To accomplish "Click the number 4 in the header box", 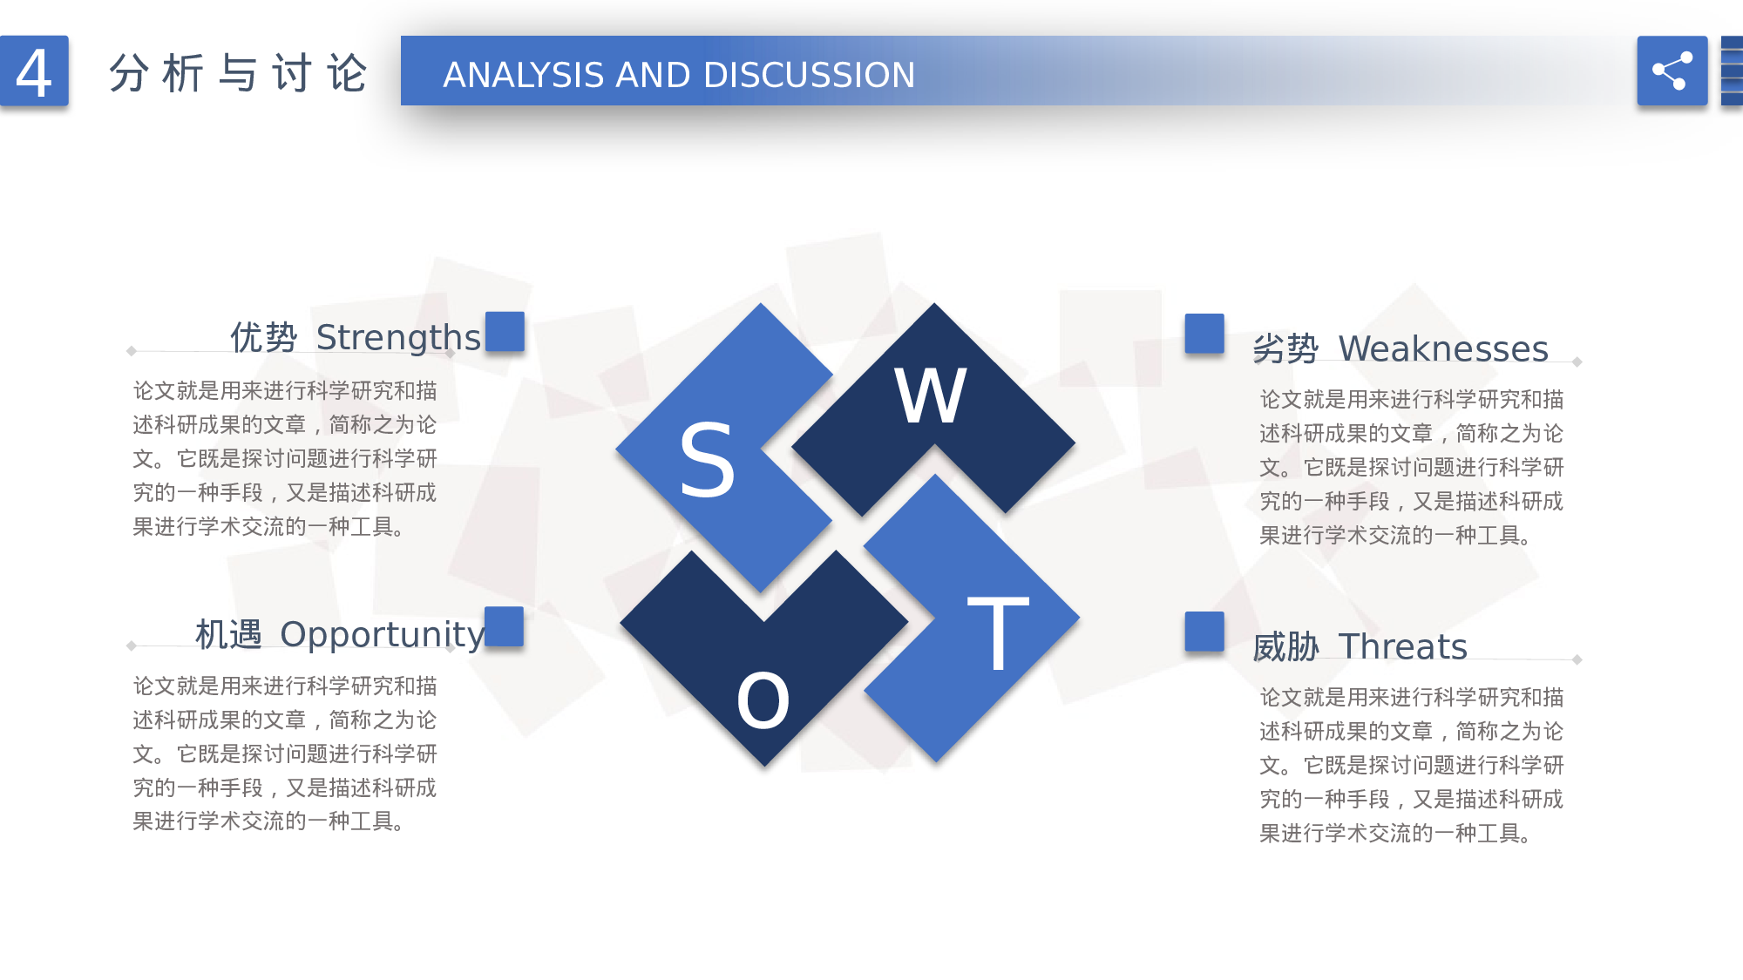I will tap(34, 72).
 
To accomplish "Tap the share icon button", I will tap(1672, 71).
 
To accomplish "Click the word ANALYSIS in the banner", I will tap(523, 75).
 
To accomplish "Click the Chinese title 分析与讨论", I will tap(238, 72).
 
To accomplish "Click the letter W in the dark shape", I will tap(931, 396).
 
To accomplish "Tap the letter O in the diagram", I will tap(763, 701).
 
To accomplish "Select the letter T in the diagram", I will tap(998, 633).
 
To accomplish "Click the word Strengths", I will tap(397, 337).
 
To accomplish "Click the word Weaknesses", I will tap(1442, 348).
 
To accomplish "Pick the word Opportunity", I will tap(382, 634).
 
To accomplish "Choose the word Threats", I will tap(1402, 646).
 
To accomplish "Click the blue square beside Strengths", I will tap(505, 331).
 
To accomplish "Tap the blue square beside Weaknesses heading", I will tap(1204, 333).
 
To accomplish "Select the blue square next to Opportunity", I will tap(504, 626).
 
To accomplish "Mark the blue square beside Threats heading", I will tap(1204, 631).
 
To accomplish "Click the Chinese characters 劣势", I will tap(1285, 348).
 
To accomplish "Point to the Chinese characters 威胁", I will tap(1285, 647).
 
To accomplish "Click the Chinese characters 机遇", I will tap(228, 634).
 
